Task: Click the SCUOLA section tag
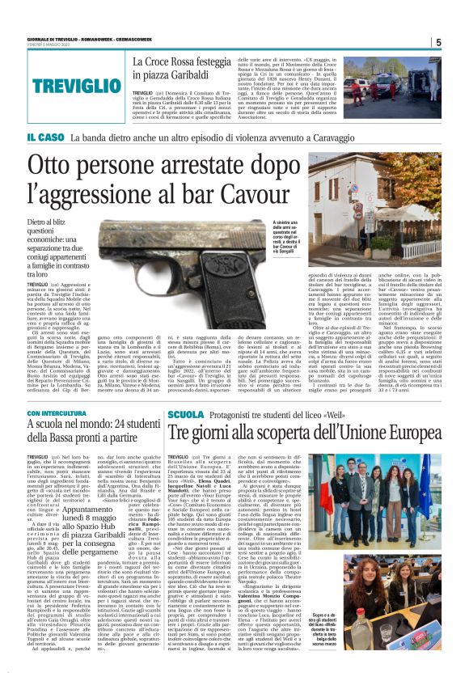(185, 414)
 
